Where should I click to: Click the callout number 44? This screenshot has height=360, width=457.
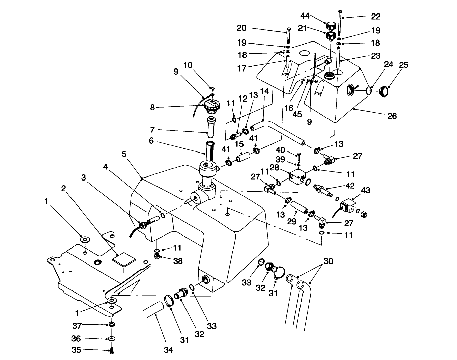[305, 16]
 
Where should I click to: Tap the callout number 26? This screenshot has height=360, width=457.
[392, 116]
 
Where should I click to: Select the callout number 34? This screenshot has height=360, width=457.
[168, 350]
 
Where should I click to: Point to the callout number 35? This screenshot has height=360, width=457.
[77, 350]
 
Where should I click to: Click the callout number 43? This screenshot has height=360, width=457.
[366, 190]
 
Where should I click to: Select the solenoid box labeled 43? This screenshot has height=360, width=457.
[348, 207]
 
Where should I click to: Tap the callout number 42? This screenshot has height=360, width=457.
[350, 185]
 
